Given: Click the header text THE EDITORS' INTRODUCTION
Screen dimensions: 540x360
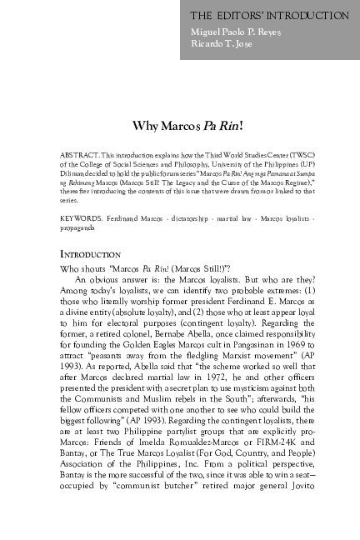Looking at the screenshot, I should coord(269,16).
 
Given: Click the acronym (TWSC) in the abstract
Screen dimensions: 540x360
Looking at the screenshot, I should coord(299,156).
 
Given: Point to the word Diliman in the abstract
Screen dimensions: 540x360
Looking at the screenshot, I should coord(73,174).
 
